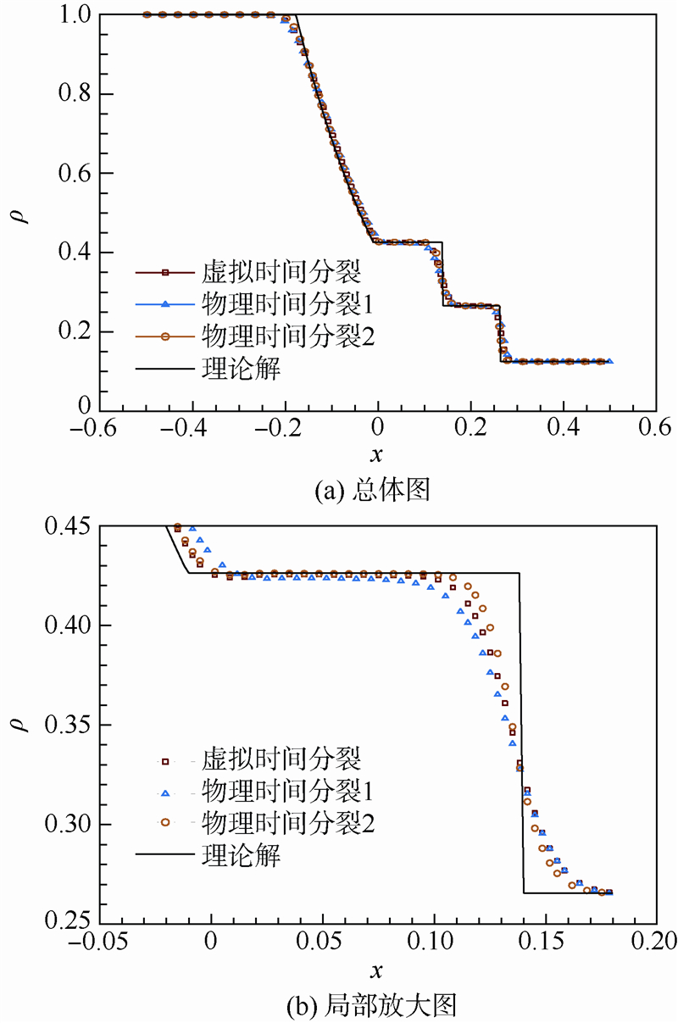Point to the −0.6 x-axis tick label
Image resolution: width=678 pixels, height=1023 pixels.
pyautogui.click(x=94, y=425)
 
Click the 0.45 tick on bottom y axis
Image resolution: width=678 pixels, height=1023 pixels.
pyautogui.click(x=66, y=526)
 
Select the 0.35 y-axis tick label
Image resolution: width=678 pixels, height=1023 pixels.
pyautogui.click(x=66, y=725)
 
